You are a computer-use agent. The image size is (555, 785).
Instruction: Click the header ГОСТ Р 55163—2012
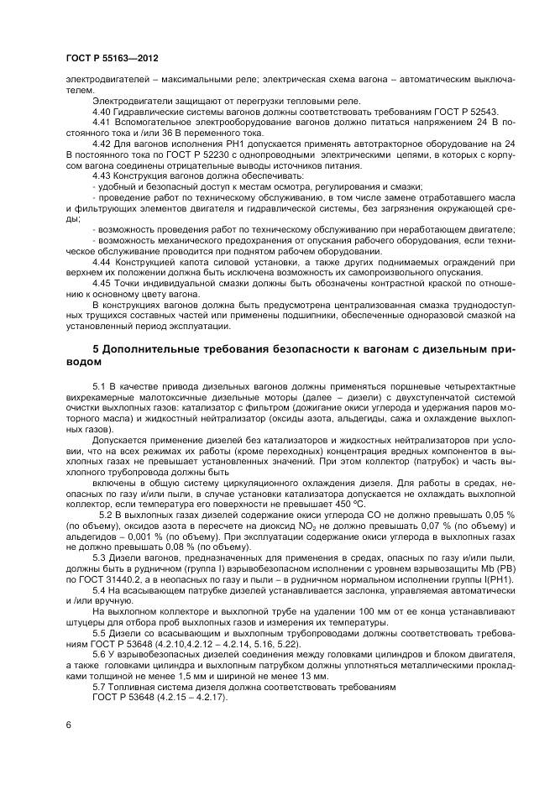tap(112, 59)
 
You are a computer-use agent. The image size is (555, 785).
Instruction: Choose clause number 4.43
tap(103, 175)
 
